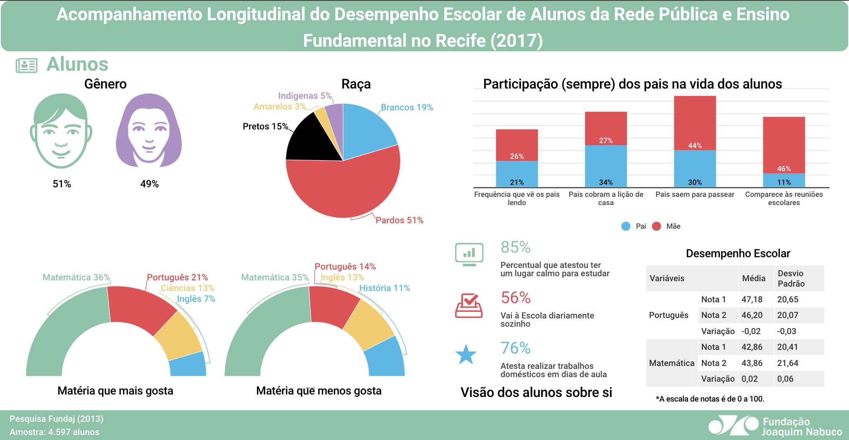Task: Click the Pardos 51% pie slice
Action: pos(343,190)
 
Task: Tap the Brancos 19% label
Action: pos(407,108)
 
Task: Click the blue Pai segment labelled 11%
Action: pos(784,180)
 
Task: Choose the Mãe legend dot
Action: pos(656,226)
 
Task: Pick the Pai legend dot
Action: pos(626,226)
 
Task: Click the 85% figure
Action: pos(516,247)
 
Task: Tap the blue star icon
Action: pos(466,355)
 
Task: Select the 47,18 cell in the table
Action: pos(752,299)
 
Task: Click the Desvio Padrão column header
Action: pos(791,278)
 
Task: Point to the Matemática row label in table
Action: pos(671,363)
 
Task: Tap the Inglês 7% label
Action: pos(196,299)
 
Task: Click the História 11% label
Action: pos(384,288)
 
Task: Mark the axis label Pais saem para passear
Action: pos(695,194)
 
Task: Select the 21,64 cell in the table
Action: pos(788,363)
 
